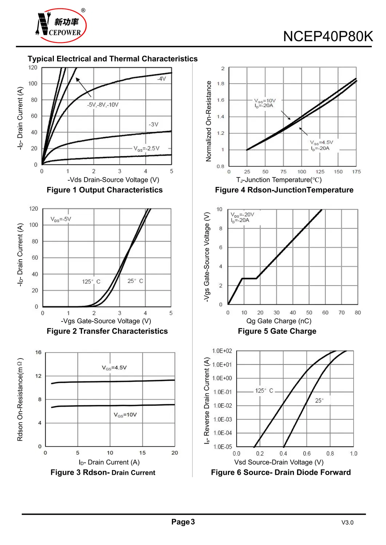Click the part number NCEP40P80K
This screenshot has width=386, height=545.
coord(328,37)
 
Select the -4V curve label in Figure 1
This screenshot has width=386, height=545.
coord(161,79)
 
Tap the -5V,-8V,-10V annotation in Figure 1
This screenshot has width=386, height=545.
coord(103,105)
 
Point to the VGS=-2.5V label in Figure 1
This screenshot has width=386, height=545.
coord(146,148)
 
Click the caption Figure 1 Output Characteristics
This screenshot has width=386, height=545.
coord(105,190)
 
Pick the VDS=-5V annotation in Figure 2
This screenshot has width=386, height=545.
coord(61,219)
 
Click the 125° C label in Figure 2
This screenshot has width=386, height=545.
coord(91,281)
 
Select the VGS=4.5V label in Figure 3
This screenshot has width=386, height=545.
coord(114,368)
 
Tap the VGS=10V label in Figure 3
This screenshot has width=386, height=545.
coord(125,415)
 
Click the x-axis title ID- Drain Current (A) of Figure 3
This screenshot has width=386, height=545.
coord(109,462)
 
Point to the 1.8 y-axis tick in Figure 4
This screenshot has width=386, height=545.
coord(221,84)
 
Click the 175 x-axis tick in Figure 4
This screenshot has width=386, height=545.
coord(356,172)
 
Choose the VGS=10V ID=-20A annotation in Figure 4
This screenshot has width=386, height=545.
coord(265,103)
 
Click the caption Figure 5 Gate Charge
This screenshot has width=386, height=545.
coord(277,331)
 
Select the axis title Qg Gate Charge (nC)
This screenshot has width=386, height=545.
coord(279,321)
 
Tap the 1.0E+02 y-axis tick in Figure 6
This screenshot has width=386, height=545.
coord(222,351)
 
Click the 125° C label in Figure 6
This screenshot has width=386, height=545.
coord(264,390)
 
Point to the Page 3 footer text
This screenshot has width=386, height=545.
coord(183,522)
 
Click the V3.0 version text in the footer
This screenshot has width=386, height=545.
coord(347,522)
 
